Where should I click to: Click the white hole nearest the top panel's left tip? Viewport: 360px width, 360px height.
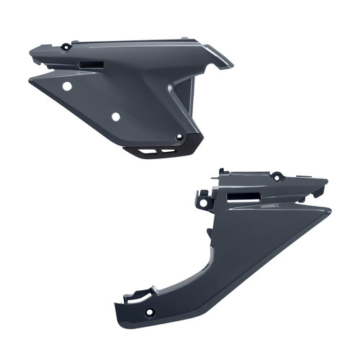(67, 86)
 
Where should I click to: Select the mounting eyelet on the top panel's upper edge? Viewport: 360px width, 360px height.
(66, 47)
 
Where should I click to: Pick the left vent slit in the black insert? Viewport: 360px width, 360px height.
(149, 150)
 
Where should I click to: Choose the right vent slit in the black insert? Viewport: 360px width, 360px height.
(168, 150)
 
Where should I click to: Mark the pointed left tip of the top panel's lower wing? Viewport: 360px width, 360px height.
(30, 80)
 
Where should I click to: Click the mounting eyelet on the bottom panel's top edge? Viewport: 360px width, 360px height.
(276, 175)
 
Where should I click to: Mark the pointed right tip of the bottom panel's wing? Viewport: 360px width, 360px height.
(330, 210)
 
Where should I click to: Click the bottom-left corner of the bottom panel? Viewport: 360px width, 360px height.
(117, 318)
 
